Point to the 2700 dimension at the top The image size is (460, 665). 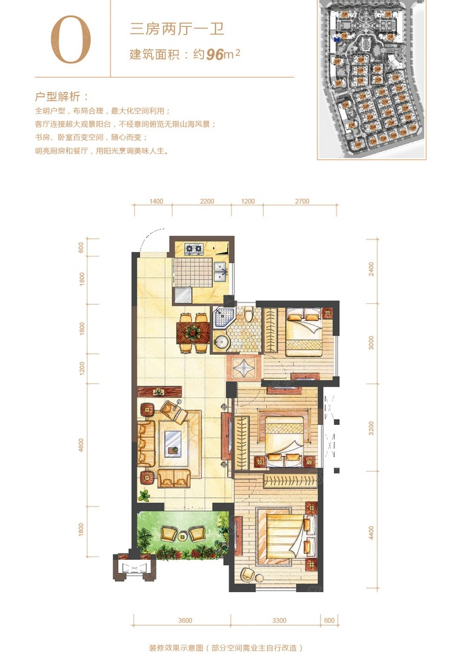(301, 201)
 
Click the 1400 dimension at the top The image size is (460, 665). (156, 201)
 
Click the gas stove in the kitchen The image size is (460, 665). (194, 249)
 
